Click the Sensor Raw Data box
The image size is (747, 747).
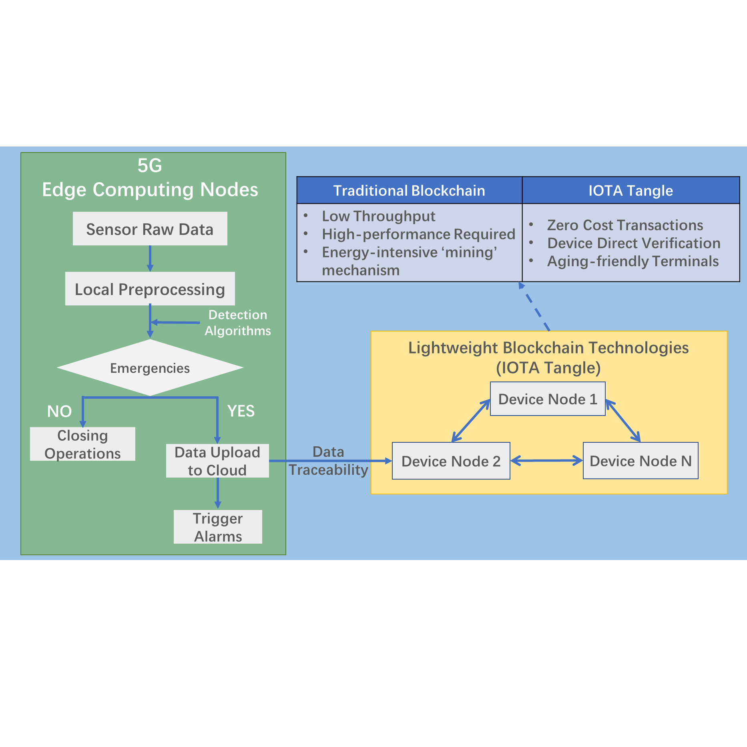click(150, 229)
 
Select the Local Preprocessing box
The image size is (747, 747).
click(150, 289)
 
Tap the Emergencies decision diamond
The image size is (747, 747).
click(150, 368)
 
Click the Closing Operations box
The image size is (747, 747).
click(82, 444)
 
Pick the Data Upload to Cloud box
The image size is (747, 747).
click(217, 461)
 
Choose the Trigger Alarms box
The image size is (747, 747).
click(218, 527)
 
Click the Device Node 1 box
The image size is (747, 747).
click(548, 399)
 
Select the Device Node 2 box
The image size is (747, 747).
click(451, 461)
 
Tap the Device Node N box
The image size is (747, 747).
click(641, 461)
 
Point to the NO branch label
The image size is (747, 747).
click(59, 412)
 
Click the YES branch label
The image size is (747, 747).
click(241, 411)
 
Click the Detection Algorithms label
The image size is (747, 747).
click(238, 323)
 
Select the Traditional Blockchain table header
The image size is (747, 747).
click(409, 191)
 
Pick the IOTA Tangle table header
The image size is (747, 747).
click(631, 191)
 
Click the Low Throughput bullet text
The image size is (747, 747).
click(378, 216)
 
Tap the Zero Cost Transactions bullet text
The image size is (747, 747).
click(625, 225)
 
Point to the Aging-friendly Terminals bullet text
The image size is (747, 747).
click(633, 261)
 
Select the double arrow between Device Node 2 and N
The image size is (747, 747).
click(546, 461)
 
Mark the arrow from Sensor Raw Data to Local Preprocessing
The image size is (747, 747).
click(150, 259)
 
